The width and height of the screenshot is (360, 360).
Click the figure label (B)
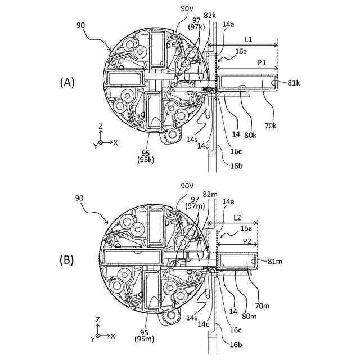[67, 260]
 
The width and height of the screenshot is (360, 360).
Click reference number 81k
[294, 83]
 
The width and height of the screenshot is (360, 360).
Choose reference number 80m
[250, 316]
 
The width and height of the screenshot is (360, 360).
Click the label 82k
[210, 15]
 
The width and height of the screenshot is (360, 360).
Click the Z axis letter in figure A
[100, 126]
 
